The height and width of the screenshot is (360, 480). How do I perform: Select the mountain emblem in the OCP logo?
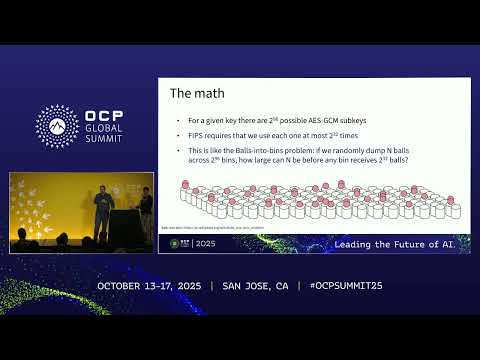pyautogui.click(x=57, y=125)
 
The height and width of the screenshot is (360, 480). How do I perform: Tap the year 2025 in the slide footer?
pyautogui.click(x=206, y=244)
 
